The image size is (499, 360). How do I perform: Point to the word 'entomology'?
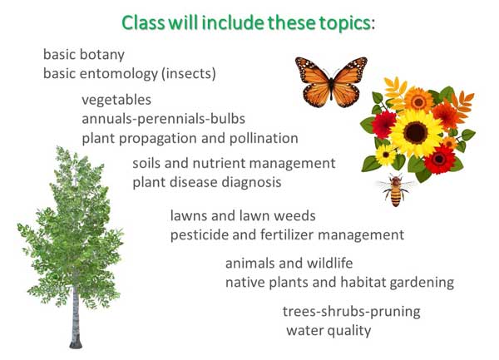(118, 74)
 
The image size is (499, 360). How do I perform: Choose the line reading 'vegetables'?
(116, 100)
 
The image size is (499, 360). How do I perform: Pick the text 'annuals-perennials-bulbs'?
(164, 119)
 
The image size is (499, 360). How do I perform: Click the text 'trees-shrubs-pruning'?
(352, 312)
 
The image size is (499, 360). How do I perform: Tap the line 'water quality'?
(329, 331)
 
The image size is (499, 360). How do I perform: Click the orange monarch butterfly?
(331, 82)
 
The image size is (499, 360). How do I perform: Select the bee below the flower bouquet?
(396, 190)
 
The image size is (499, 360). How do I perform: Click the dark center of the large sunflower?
(415, 133)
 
